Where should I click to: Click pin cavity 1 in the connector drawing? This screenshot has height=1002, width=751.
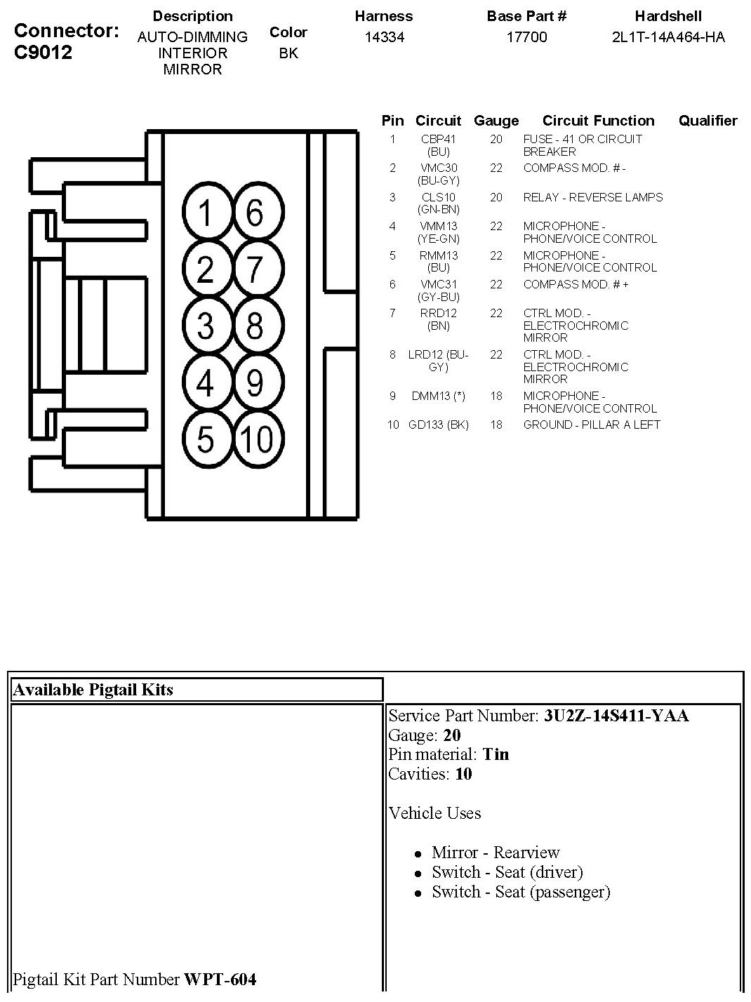205,212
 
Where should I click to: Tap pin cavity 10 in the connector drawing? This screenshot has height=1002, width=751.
256,439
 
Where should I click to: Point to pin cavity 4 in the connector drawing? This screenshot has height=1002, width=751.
205,383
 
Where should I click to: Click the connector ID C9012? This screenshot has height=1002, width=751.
44,53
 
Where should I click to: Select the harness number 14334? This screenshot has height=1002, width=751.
384,37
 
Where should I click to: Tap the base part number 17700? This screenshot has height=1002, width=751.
526,37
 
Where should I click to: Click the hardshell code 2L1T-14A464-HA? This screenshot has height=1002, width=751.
668,37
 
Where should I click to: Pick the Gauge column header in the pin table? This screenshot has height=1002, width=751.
496,121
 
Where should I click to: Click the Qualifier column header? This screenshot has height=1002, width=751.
707,121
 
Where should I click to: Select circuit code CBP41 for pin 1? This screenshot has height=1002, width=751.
438,140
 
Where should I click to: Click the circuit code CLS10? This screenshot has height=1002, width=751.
438,198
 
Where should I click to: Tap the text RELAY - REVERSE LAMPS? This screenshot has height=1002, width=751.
592,198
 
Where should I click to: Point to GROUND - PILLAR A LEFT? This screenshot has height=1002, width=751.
592,425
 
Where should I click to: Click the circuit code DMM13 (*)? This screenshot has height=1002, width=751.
438,396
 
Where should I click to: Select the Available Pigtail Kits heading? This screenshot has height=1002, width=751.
93,690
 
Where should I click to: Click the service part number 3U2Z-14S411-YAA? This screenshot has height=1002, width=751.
616,716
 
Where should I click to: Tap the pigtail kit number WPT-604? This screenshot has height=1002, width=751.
220,979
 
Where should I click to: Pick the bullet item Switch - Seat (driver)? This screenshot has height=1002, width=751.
507,872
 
